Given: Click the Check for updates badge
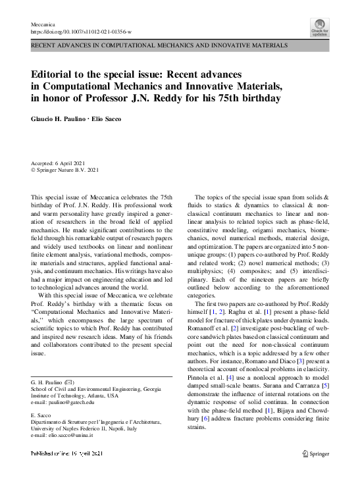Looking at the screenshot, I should click(x=320, y=27).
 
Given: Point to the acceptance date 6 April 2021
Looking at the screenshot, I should click(x=70, y=163).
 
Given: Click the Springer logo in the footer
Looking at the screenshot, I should click(x=314, y=472).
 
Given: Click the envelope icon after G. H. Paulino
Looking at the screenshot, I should click(x=74, y=382).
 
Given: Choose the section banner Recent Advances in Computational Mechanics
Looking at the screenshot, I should click(x=158, y=46).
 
